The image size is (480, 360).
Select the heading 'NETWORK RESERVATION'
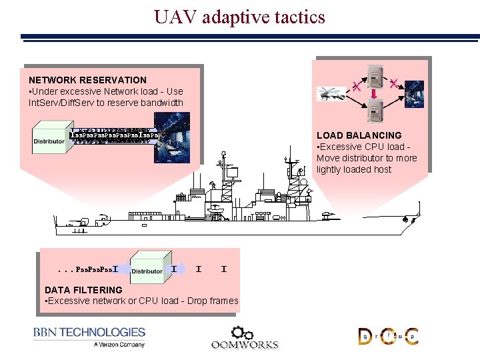tap(87, 80)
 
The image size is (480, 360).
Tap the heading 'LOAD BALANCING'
tap(359, 135)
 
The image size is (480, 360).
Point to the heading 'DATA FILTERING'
tap(83, 290)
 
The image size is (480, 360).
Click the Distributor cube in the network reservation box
tap(50, 138)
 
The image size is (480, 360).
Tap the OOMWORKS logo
tap(244, 337)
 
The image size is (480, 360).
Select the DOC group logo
tap(388, 336)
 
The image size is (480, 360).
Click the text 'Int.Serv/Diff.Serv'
tap(65, 103)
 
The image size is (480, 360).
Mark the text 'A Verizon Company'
tap(119, 345)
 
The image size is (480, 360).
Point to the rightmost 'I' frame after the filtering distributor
tap(223, 269)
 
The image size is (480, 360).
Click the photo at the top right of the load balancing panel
tap(413, 94)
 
